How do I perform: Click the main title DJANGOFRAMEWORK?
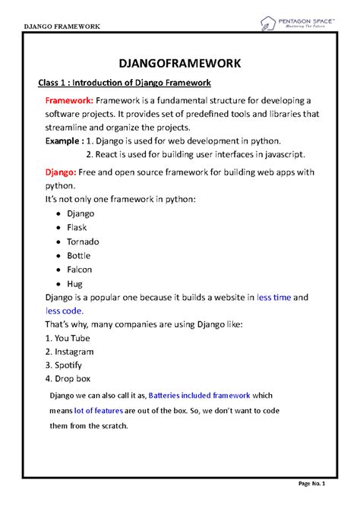(x=180, y=62)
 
